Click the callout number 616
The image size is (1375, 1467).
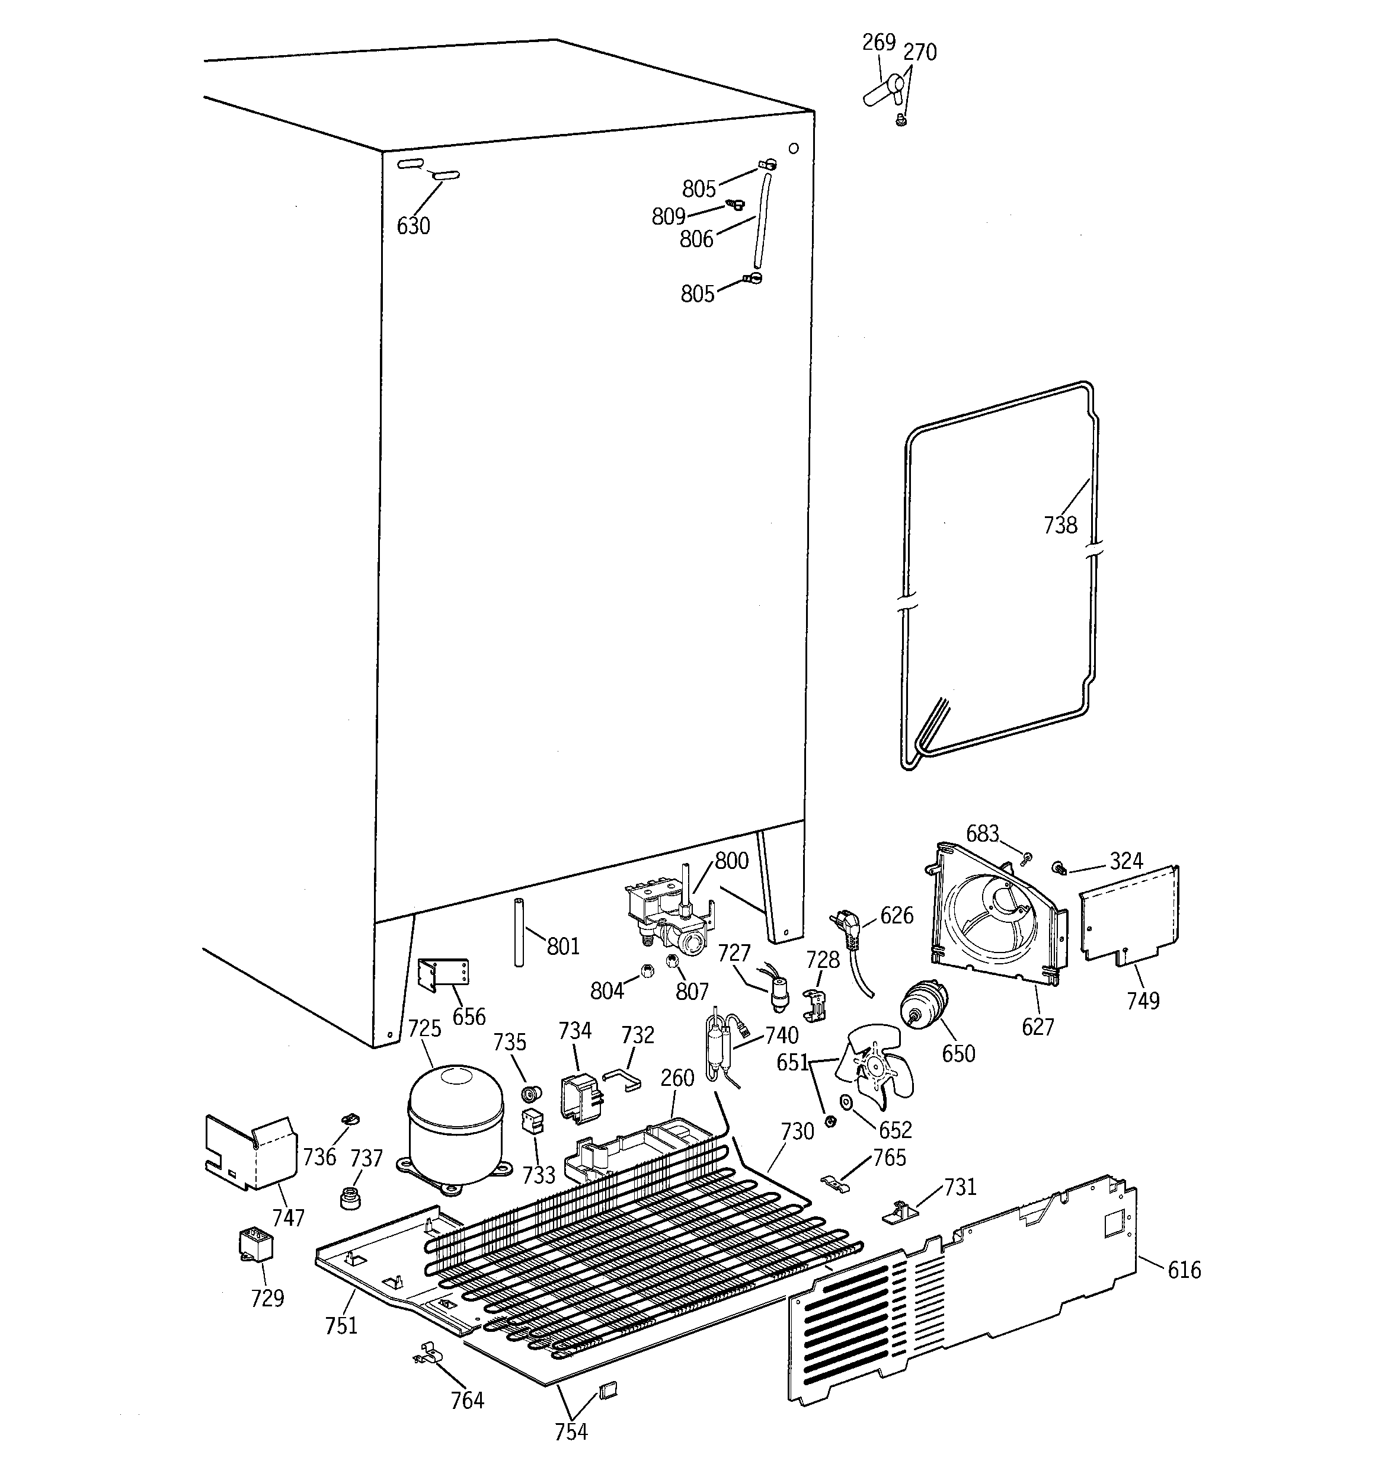1184,1270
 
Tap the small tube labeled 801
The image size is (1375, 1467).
519,933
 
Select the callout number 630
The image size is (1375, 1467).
412,226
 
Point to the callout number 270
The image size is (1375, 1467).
920,52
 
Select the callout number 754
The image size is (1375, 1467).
571,1431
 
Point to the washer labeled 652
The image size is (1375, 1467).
846,1102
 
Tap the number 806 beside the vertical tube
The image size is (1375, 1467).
696,238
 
